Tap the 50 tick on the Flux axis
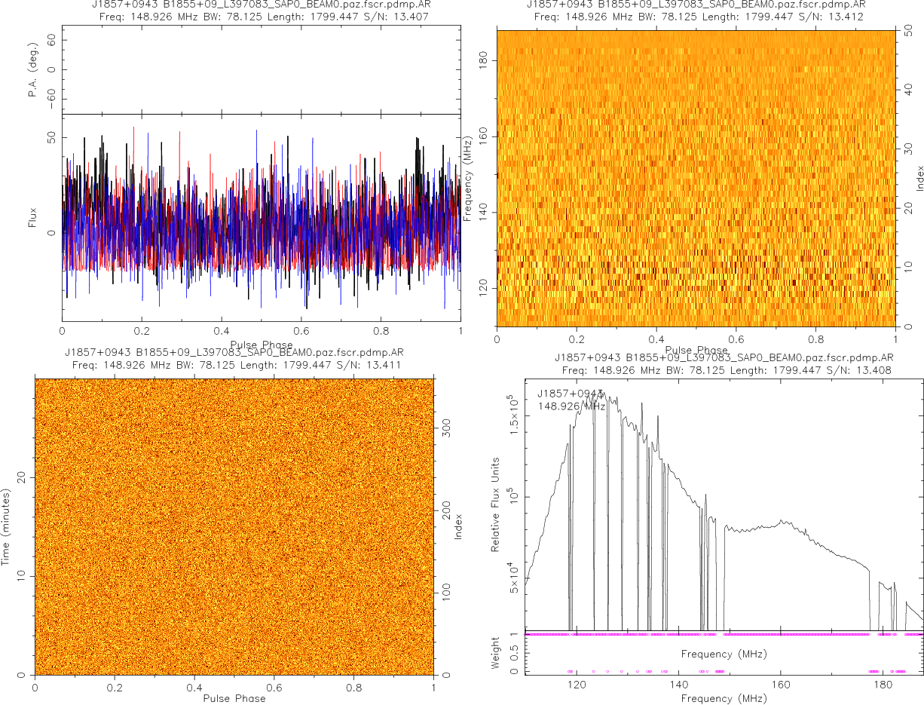click(x=50, y=137)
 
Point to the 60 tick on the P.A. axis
click(x=52, y=41)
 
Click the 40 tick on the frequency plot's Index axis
click(x=910, y=88)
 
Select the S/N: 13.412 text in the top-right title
click(x=837, y=17)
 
